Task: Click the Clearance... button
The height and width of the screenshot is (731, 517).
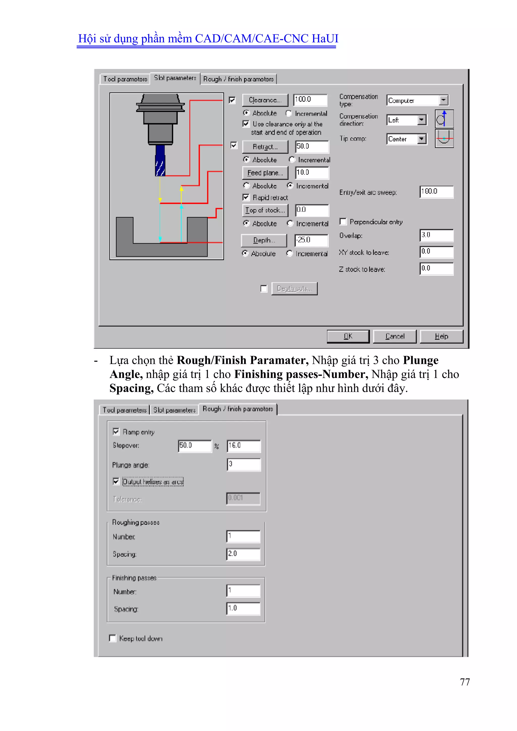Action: click(x=265, y=100)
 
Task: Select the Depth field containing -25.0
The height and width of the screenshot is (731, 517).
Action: click(x=311, y=240)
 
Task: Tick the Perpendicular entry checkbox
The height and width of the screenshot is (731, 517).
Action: click(x=343, y=222)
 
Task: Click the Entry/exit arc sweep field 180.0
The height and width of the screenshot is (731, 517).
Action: click(x=436, y=192)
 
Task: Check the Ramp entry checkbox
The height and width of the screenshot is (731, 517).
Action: click(x=116, y=432)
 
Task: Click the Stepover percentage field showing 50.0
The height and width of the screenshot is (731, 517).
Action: click(x=195, y=446)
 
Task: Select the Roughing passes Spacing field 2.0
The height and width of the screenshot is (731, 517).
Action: click(x=243, y=554)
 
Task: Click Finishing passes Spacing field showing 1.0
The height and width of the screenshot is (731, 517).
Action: click(x=243, y=609)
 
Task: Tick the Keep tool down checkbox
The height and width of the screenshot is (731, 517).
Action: click(x=113, y=638)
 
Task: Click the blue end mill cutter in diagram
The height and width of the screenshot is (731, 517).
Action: click(x=160, y=161)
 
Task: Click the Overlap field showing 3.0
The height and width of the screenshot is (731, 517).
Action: click(x=436, y=235)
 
